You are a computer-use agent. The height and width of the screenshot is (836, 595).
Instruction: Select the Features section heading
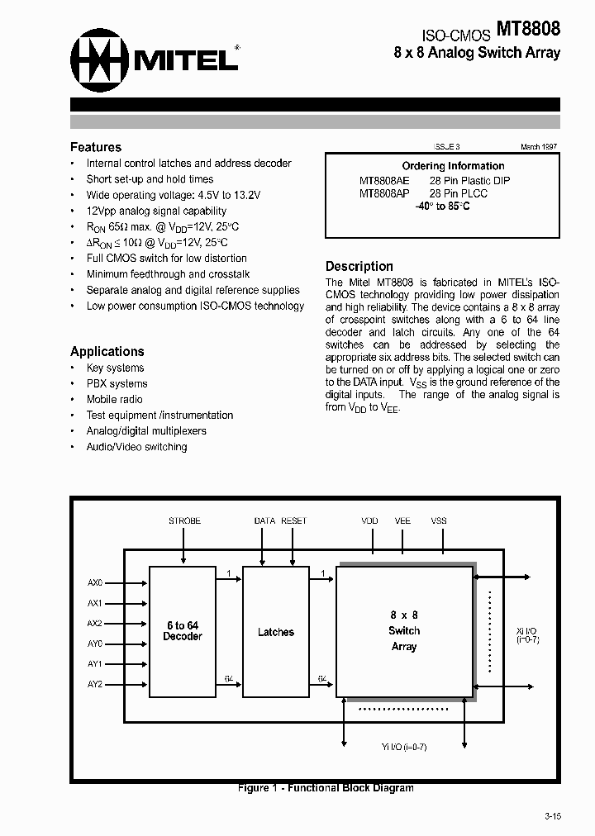(x=96, y=147)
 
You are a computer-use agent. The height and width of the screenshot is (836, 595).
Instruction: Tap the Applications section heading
(x=107, y=351)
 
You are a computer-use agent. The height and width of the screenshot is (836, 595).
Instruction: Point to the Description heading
(x=359, y=266)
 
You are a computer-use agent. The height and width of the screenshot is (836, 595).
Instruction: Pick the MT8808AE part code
(x=384, y=180)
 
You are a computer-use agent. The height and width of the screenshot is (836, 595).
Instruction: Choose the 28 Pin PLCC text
(x=459, y=193)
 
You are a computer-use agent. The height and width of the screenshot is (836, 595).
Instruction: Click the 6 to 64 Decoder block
(x=182, y=631)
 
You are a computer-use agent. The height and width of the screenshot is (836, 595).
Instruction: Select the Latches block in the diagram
(x=275, y=632)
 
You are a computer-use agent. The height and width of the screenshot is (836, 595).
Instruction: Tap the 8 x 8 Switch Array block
(x=404, y=631)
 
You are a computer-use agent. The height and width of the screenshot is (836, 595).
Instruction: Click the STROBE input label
(x=184, y=521)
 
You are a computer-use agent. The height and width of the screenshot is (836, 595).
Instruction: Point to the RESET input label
(x=293, y=521)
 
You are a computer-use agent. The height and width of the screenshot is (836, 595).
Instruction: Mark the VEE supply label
(x=402, y=521)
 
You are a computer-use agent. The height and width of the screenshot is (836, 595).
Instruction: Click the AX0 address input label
(x=95, y=582)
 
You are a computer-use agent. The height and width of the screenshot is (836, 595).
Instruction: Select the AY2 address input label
(x=95, y=684)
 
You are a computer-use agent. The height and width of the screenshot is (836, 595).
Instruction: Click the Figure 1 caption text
(x=326, y=788)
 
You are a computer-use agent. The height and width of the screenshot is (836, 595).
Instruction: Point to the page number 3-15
(x=553, y=816)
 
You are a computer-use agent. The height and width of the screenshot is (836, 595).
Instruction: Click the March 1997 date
(x=539, y=146)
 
